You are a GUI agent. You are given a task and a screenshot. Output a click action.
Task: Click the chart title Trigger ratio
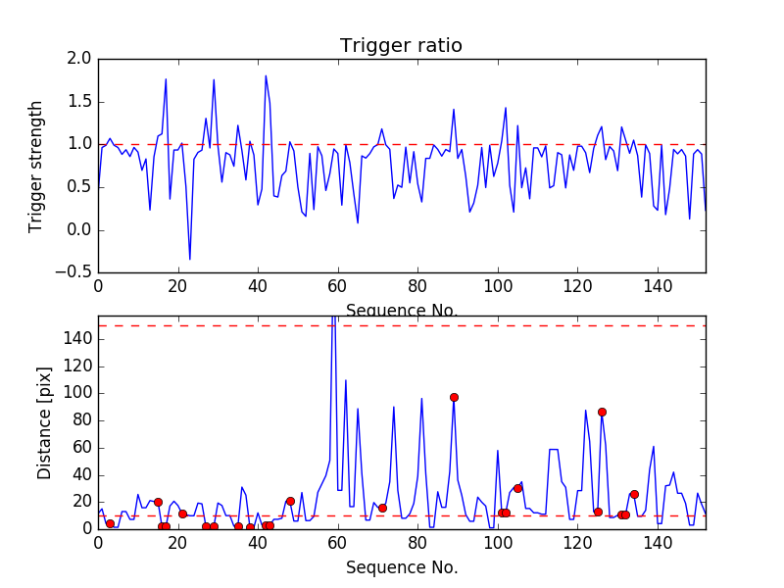tap(401, 46)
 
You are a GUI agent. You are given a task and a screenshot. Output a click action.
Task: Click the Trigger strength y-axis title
tap(36, 166)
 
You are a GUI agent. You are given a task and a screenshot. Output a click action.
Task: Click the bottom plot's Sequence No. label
tap(401, 567)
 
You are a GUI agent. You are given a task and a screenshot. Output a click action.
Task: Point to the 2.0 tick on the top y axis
tap(79, 59)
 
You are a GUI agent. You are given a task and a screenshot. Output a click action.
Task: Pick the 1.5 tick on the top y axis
tap(79, 102)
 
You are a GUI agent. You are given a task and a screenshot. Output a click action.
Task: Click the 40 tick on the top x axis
tap(258, 288)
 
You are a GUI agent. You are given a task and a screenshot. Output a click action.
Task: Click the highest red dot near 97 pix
tap(454, 397)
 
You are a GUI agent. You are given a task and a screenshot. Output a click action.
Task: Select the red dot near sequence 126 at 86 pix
tap(602, 412)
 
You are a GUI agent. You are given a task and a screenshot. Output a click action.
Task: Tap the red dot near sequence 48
tap(290, 501)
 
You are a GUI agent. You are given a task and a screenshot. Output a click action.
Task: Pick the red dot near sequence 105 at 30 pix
tap(517, 488)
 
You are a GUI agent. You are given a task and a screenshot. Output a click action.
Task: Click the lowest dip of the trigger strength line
tap(190, 259)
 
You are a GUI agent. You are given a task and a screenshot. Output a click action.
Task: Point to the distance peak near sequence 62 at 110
tap(346, 380)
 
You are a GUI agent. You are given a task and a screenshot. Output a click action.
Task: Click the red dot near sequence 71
tap(382, 508)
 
